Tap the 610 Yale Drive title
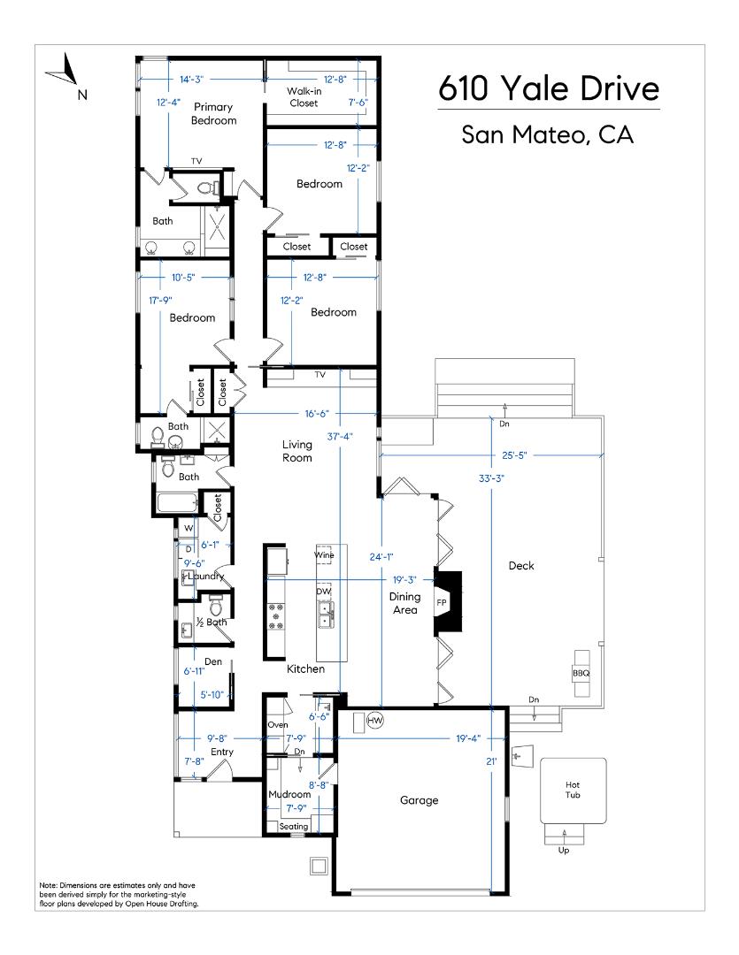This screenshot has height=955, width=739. (x=549, y=88)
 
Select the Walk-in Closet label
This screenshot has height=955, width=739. (x=304, y=97)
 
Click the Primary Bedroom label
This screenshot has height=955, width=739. (x=213, y=114)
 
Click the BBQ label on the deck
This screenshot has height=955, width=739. (x=581, y=673)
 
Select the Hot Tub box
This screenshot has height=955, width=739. (x=573, y=790)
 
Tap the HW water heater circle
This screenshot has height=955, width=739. (x=375, y=720)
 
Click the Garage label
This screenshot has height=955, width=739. (x=419, y=800)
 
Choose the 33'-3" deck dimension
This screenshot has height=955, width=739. (x=491, y=478)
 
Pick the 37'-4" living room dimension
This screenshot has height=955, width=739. (x=340, y=436)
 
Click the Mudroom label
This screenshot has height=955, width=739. (x=289, y=794)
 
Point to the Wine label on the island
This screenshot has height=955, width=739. (x=324, y=555)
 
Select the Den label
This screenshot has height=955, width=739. (x=212, y=661)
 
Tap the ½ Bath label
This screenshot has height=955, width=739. (x=211, y=622)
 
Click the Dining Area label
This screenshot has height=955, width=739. (x=404, y=603)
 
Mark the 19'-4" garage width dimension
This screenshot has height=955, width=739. (x=468, y=738)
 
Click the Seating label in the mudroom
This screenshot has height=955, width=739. (x=293, y=827)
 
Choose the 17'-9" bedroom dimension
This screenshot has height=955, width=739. (x=160, y=301)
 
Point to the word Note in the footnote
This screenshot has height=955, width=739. (x=48, y=885)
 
